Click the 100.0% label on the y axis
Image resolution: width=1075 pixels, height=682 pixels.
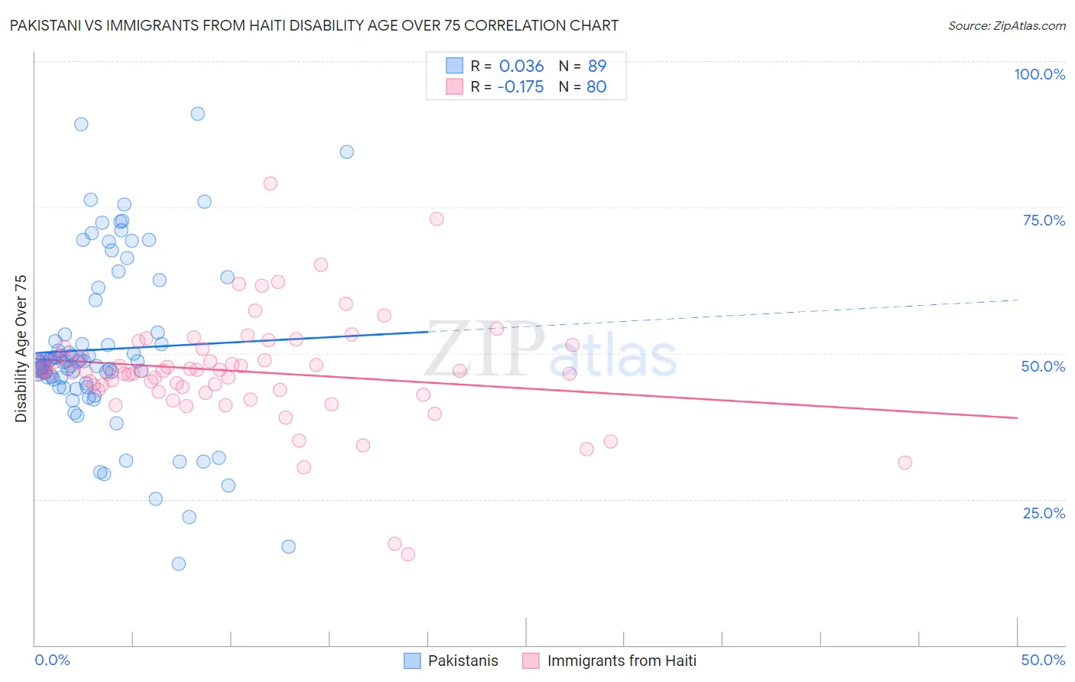pyautogui.click(x=1039, y=74)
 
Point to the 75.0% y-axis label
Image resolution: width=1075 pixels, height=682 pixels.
pyautogui.click(x=1044, y=220)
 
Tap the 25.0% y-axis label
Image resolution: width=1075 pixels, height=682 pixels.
pyautogui.click(x=1044, y=512)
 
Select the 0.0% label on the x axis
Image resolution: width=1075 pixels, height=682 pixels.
pyautogui.click(x=52, y=660)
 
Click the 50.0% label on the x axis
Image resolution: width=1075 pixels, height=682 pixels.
pyautogui.click(x=1043, y=660)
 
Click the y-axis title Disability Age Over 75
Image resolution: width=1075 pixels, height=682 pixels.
pyautogui.click(x=21, y=348)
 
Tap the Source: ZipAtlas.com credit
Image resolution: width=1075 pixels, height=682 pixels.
pyautogui.click(x=1006, y=25)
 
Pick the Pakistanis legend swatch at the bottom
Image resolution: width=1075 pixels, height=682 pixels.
pyautogui.click(x=412, y=661)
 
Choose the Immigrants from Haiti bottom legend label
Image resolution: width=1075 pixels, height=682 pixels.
pyautogui.click(x=622, y=661)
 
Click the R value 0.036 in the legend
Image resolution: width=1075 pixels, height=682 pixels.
pyautogui.click(x=521, y=67)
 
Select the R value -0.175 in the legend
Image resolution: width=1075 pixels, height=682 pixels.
pyautogui.click(x=520, y=87)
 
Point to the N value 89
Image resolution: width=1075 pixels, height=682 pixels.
pyautogui.click(x=596, y=67)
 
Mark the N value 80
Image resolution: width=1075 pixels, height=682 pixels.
pyautogui.click(x=596, y=87)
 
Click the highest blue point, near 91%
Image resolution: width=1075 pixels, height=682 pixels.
pyautogui.click(x=197, y=114)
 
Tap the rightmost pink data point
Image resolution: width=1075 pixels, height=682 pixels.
pyautogui.click(x=904, y=463)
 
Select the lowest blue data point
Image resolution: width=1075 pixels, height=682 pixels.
pyautogui.click(x=178, y=563)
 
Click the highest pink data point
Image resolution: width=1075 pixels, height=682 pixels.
pyautogui.click(x=270, y=183)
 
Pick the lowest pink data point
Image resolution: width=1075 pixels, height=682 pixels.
pyautogui.click(x=408, y=554)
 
